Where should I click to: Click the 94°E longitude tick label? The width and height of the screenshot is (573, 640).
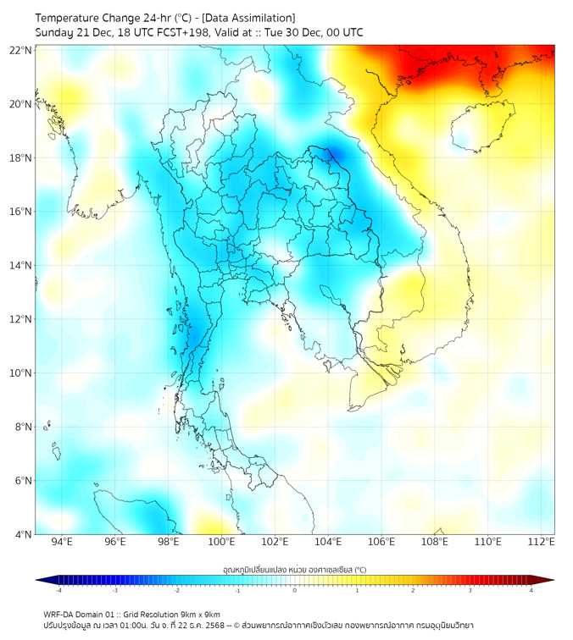[62, 542]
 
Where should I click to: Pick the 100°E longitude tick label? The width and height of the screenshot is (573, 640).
[222, 542]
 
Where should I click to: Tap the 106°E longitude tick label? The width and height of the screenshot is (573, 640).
[381, 542]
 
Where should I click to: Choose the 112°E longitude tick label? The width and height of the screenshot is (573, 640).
[542, 542]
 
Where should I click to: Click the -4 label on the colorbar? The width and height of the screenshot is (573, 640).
[58, 590]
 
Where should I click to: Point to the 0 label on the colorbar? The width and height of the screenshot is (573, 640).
[295, 590]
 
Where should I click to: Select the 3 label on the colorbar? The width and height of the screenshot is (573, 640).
[472, 590]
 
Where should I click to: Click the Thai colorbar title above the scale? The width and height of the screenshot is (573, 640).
[294, 569]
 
